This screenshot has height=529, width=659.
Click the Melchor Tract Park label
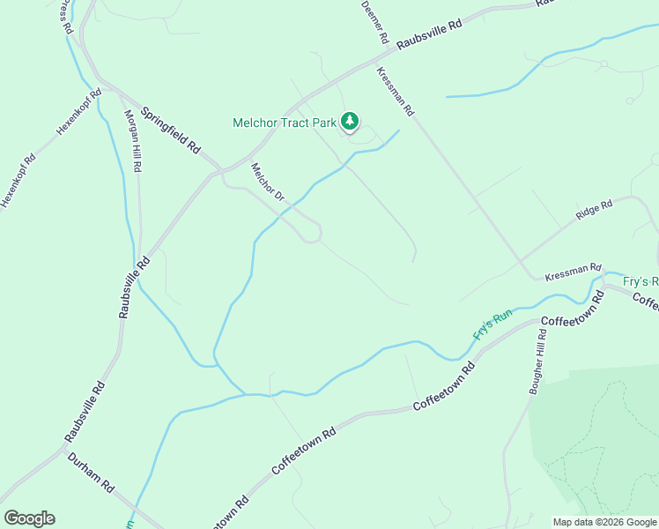[x=285, y=123]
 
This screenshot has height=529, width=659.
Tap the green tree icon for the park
[x=351, y=121]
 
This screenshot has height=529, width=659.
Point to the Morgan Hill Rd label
[x=132, y=140]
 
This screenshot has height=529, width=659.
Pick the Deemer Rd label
[x=374, y=22]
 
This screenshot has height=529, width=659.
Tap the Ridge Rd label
[x=594, y=210]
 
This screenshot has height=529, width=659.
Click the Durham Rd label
[x=92, y=473]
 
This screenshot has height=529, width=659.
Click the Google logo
[x=29, y=518]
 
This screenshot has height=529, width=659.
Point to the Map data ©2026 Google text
[x=604, y=522]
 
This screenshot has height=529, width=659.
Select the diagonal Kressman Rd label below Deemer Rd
[x=395, y=92]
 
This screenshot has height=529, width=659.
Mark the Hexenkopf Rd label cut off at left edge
[x=18, y=182]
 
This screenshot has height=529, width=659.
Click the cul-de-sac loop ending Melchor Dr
[x=311, y=235]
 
